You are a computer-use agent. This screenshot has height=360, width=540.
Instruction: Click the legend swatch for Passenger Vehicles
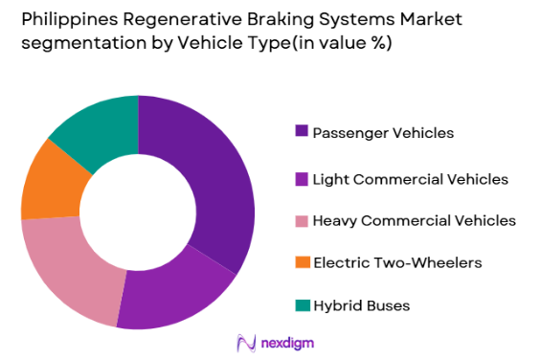[304, 131]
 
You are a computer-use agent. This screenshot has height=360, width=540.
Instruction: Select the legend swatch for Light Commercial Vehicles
[304, 178]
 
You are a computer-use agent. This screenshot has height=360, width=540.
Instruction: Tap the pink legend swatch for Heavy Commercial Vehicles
[304, 221]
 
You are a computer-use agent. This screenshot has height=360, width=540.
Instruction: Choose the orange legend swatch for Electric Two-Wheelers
[304, 262]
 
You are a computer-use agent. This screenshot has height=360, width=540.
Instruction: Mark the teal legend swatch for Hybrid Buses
[304, 305]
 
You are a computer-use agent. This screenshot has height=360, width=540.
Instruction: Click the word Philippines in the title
[57, 18]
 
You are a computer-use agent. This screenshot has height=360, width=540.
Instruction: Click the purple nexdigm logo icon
[245, 343]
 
